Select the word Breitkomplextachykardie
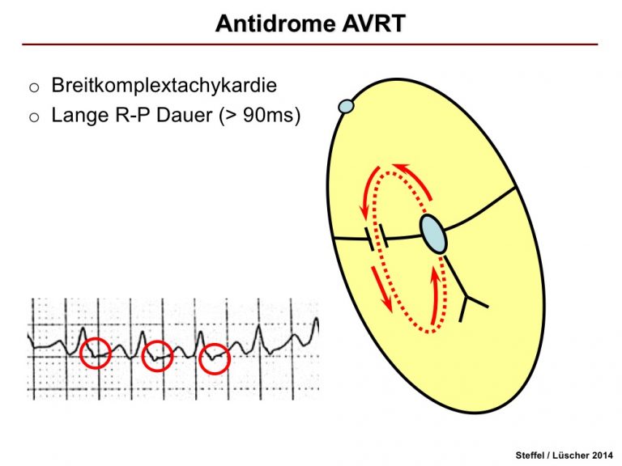pos(164,86)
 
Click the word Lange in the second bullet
pos(79,116)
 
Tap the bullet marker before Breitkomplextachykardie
pos(34,87)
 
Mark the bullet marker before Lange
pos(34,117)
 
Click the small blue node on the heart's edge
pos(346,106)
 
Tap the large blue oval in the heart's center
pos(433,234)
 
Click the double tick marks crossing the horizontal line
pos(377,237)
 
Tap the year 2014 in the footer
pos(603,455)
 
